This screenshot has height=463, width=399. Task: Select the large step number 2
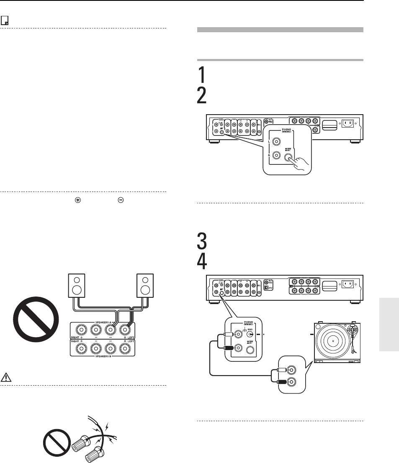pos(202,97)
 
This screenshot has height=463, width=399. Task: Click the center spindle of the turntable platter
pos(333,341)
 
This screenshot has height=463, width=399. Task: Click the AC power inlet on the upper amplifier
pos(348,124)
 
